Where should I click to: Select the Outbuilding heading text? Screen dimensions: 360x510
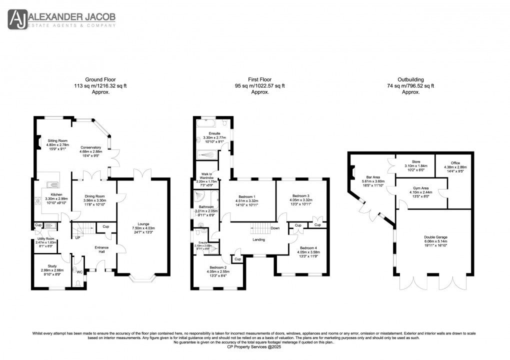pyautogui.click(x=410, y=79)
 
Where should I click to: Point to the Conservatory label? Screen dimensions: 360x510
pyautogui.click(x=90, y=148)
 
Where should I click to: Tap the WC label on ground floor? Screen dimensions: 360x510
pyautogui.click(x=79, y=272)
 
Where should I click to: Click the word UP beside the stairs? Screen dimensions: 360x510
pyautogui.click(x=77, y=237)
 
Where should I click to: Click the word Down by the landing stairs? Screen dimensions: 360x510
pyautogui.click(x=275, y=228)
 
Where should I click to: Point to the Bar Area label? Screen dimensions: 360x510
pyautogui.click(x=370, y=176)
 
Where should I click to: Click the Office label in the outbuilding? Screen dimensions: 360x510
pyautogui.click(x=452, y=162)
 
